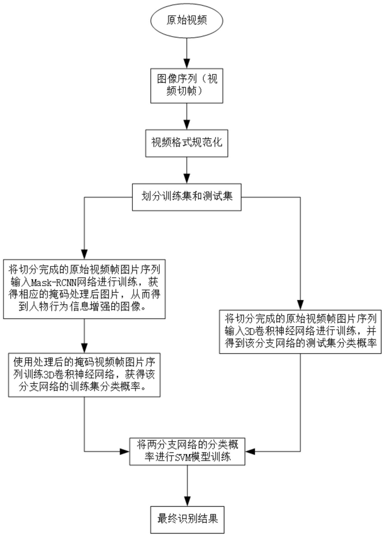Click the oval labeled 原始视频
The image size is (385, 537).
(187, 20)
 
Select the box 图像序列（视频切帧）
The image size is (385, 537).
(187, 86)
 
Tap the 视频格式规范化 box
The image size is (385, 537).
(187, 143)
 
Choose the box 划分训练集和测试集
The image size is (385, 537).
(187, 197)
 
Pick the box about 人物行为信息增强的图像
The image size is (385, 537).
(84, 289)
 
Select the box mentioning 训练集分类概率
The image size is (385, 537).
(84, 375)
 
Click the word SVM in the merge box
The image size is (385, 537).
(180, 456)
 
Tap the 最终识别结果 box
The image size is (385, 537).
(188, 519)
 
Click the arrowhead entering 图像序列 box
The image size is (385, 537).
(187, 64)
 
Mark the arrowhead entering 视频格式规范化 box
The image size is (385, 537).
(187, 125)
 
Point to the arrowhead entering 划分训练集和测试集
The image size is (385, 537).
(187, 179)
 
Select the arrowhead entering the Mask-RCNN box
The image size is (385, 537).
(84, 254)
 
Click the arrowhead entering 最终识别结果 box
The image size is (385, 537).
(188, 501)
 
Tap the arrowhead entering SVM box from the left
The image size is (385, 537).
(125, 451)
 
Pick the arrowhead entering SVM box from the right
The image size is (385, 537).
(250, 451)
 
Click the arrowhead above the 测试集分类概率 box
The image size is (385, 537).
(300, 305)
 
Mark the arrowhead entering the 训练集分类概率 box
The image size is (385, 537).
(84, 348)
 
